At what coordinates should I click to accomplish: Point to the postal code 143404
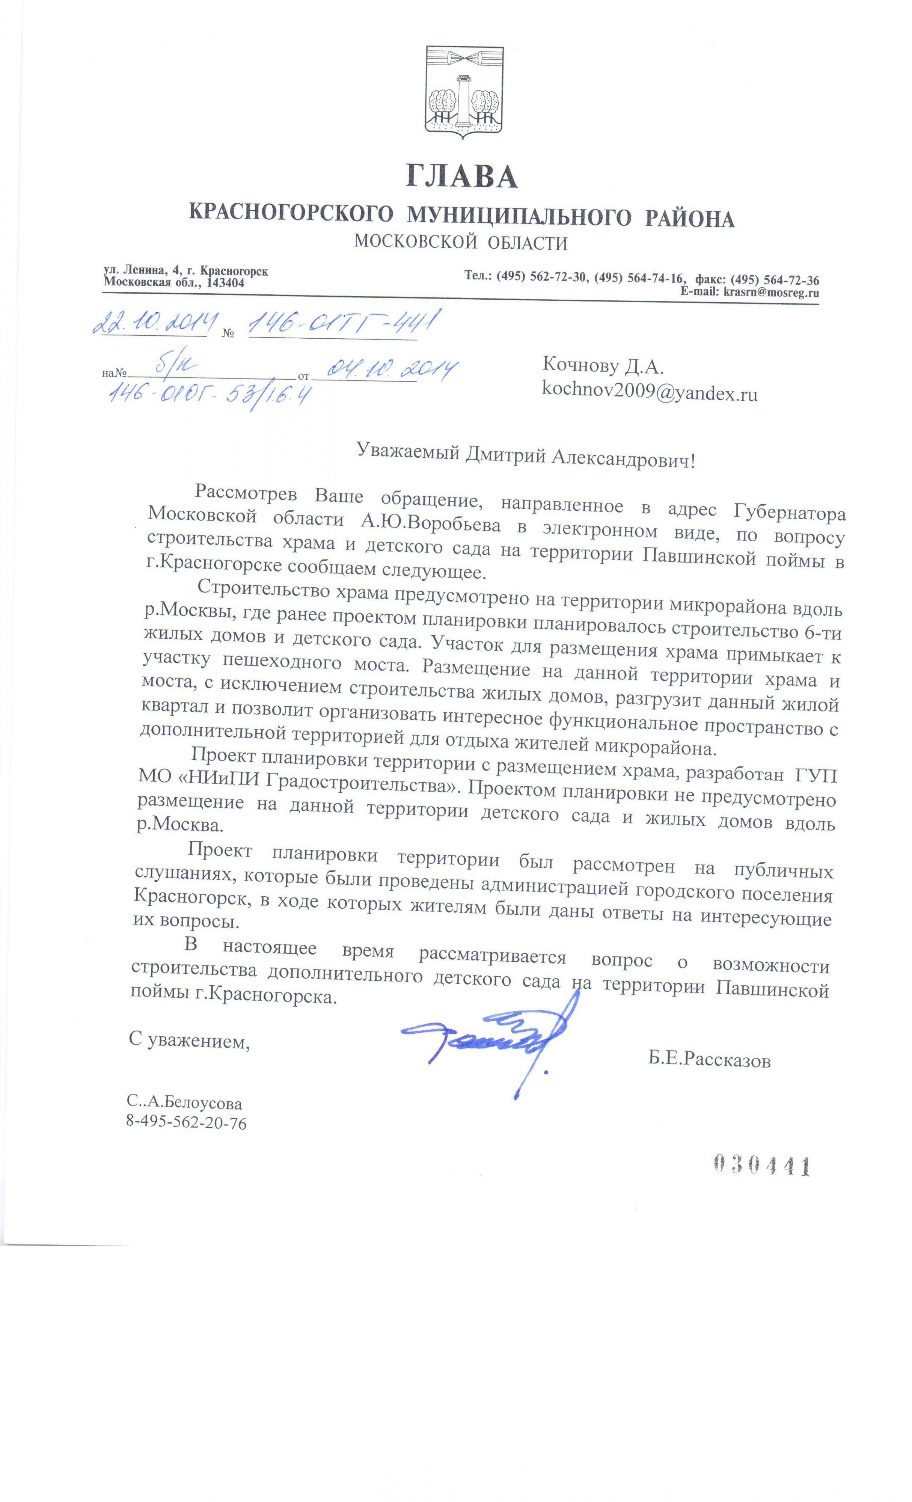pos(226,283)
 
